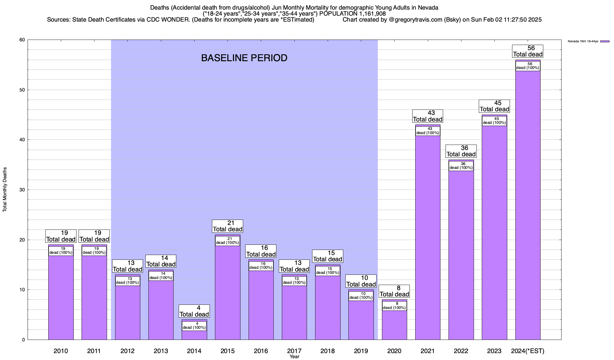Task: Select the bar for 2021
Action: [428, 237]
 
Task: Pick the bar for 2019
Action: [361, 319]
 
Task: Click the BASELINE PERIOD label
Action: [244, 58]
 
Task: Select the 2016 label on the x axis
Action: [261, 351]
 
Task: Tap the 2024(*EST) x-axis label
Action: [528, 351]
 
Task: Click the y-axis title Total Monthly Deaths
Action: [5, 190]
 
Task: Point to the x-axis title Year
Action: [294, 357]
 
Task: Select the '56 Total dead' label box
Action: [528, 51]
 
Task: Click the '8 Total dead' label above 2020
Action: [394, 291]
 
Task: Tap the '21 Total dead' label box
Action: [228, 226]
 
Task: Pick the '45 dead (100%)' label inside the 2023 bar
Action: [494, 121]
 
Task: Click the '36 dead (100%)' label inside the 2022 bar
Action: [461, 166]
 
